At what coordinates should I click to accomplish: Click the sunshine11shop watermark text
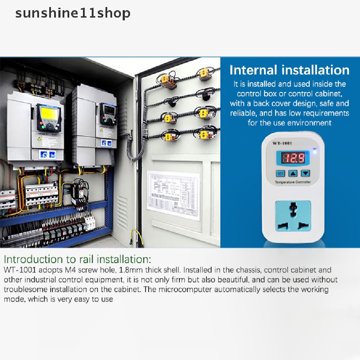tap(73, 13)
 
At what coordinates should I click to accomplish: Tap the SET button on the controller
tap(280, 173)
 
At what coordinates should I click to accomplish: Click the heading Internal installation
tap(289, 70)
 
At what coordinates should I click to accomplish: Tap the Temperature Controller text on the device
tap(292, 182)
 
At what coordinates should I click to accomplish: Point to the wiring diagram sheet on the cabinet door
tap(173, 194)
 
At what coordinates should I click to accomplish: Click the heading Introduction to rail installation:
tap(77, 259)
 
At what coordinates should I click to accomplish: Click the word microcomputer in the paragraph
tap(185, 290)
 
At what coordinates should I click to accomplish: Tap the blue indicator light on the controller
tap(314, 151)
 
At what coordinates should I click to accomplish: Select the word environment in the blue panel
tap(310, 123)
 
